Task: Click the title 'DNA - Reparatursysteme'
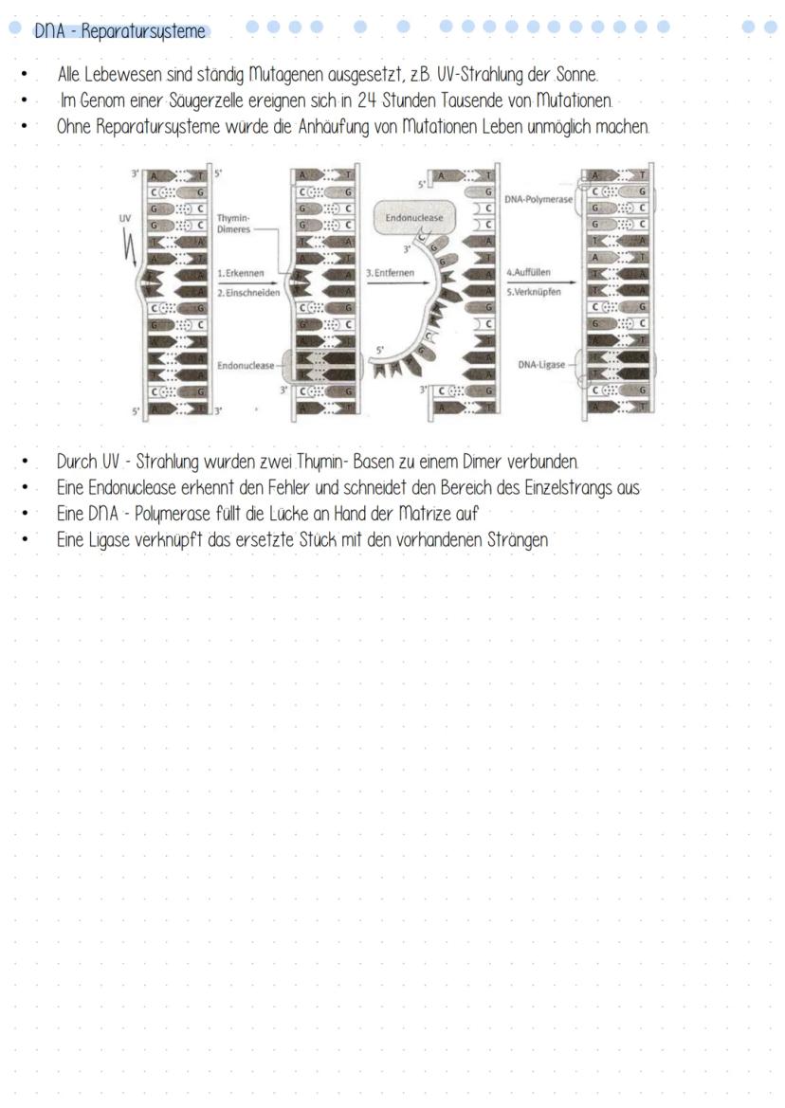(119, 31)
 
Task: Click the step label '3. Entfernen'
(389, 273)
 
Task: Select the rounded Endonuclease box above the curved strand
(414, 218)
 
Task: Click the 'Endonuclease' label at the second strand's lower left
(245, 364)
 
